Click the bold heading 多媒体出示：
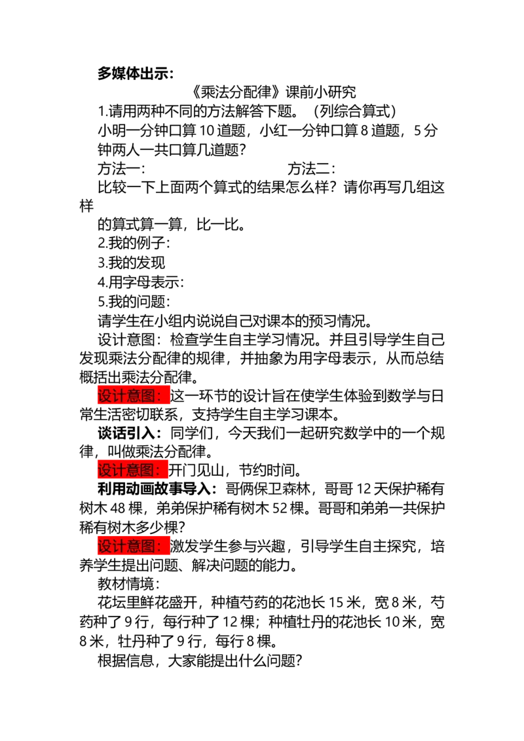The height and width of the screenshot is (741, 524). tap(136, 74)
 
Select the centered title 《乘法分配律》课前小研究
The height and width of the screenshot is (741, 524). tap(274, 92)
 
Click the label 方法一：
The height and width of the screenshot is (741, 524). tap(122, 169)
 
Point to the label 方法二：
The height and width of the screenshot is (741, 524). tap(312, 169)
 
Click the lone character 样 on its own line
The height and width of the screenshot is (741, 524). tap(86, 206)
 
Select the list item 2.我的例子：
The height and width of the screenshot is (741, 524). tap(134, 244)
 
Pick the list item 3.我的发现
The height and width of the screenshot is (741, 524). tap(132, 262)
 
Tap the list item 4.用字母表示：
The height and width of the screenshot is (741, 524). tap(141, 282)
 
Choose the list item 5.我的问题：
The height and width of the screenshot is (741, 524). tap(134, 302)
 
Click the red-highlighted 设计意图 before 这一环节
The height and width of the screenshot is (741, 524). tap(134, 395)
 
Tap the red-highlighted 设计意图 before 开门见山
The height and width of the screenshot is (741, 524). tap(133, 470)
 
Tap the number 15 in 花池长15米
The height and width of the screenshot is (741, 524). tap(336, 603)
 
